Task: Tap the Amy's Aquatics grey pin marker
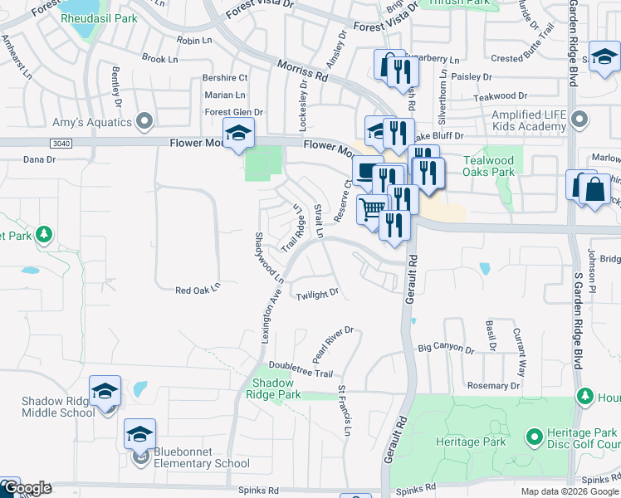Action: coord(145,122)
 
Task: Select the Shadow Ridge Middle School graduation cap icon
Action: coord(105,391)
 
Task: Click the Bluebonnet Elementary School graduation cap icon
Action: coord(140,434)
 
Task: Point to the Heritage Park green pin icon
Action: coord(534,435)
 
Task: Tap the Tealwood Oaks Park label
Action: coord(489,166)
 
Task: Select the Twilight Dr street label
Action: coord(318,293)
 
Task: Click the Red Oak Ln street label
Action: coord(197,290)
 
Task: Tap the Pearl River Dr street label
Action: coord(333,344)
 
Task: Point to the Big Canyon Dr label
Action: coord(446,349)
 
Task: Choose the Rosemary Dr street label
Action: coord(493,386)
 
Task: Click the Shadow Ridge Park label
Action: coord(277,388)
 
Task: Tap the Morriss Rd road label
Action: coord(302,70)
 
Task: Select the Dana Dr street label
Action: coord(39,159)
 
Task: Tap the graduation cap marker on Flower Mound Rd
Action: coord(238,134)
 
